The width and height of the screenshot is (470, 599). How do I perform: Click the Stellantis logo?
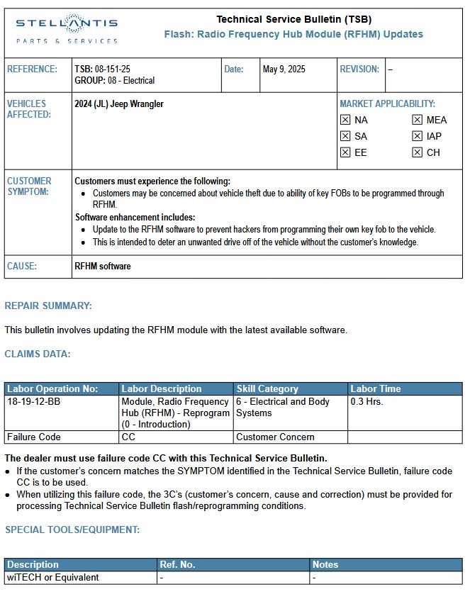pyautogui.click(x=67, y=29)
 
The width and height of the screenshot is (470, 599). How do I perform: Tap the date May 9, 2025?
pyautogui.click(x=284, y=69)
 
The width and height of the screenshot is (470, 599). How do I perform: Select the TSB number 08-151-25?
pyautogui.click(x=102, y=69)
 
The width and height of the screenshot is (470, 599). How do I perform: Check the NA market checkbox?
pyautogui.click(x=345, y=120)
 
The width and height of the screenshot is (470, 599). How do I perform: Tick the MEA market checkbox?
pyautogui.click(x=418, y=120)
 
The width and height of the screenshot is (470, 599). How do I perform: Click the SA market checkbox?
pyautogui.click(x=345, y=136)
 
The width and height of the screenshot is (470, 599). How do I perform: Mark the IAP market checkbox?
pyautogui.click(x=418, y=136)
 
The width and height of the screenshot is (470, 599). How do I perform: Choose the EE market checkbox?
pyautogui.click(x=345, y=152)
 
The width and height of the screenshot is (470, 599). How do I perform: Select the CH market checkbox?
pyautogui.click(x=418, y=152)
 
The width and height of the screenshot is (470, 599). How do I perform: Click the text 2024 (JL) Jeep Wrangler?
pyautogui.click(x=119, y=104)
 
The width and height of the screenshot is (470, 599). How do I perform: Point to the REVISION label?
pyautogui.click(x=359, y=69)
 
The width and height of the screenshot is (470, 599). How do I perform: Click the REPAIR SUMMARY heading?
pyautogui.click(x=48, y=306)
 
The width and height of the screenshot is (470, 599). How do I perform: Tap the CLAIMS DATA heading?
pyautogui.click(x=38, y=354)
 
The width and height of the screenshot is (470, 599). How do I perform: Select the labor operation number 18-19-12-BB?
pyautogui.click(x=34, y=402)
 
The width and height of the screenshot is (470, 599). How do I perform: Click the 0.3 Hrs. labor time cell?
pyautogui.click(x=367, y=402)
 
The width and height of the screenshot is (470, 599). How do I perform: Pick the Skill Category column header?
pyautogui.click(x=267, y=389)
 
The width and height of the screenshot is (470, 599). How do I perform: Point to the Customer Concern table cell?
pyautogui.click(x=275, y=437)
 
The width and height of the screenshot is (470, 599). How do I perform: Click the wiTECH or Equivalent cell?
pyautogui.click(x=52, y=578)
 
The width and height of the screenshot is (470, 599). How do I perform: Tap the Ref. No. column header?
pyautogui.click(x=177, y=565)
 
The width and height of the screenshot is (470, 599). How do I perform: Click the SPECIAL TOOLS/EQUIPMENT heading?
pyautogui.click(x=72, y=530)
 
